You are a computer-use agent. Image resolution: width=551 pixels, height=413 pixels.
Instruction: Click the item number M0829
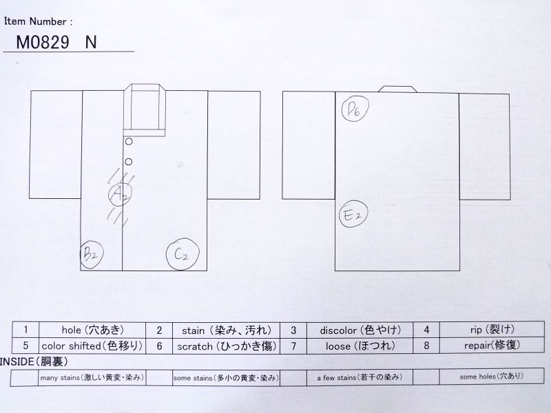[43, 43]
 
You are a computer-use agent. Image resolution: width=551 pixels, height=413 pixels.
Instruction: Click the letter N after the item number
[91, 43]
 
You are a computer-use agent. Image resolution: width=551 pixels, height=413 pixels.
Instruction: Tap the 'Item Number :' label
[39, 22]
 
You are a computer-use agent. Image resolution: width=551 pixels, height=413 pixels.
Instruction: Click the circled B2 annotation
[91, 255]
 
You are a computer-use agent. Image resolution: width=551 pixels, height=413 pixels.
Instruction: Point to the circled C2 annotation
[183, 254]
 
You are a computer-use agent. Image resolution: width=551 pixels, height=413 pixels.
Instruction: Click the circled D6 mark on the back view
[355, 108]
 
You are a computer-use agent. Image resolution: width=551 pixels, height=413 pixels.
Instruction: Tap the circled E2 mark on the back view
[353, 214]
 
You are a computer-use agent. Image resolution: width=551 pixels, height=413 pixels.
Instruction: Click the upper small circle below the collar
[129, 142]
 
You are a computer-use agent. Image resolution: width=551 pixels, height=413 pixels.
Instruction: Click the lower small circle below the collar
[129, 162]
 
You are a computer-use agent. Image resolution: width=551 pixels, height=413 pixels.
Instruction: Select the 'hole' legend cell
[92, 330]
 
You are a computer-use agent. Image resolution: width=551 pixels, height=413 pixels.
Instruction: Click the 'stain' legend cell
[227, 330]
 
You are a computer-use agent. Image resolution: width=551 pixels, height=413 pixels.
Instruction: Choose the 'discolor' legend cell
[360, 330]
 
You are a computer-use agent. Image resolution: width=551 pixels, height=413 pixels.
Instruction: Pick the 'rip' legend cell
[492, 330]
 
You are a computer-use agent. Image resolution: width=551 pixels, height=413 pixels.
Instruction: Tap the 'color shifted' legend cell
[92, 346]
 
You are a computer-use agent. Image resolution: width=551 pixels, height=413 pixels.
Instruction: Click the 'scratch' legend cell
[227, 346]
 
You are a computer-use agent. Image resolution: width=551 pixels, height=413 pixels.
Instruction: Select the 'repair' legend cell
[492, 346]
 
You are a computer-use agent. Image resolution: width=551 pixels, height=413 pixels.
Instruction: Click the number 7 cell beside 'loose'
[293, 346]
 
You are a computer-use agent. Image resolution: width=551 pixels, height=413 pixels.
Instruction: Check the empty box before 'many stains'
[24, 378]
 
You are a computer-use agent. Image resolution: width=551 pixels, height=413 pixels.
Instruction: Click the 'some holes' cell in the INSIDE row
[492, 377]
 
